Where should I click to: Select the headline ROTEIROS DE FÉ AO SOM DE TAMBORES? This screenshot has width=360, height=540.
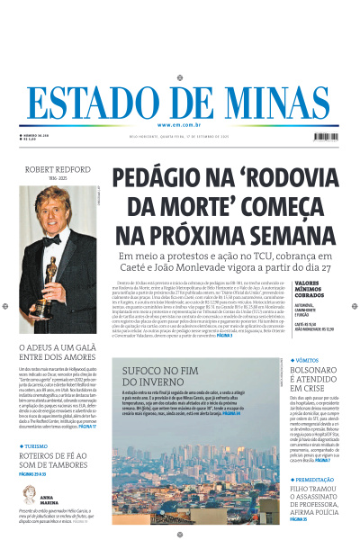coord(54,461)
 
